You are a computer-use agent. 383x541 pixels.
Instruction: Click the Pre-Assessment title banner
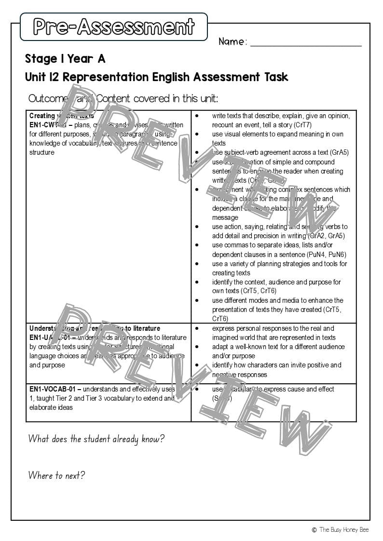pos(113,27)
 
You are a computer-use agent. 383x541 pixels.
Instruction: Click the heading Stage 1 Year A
pos(65,59)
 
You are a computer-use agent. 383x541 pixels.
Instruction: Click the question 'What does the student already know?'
pos(96,439)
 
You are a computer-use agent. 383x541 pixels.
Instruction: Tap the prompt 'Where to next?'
pos(56,475)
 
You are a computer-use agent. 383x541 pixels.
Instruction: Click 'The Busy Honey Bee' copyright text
pos(343,530)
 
